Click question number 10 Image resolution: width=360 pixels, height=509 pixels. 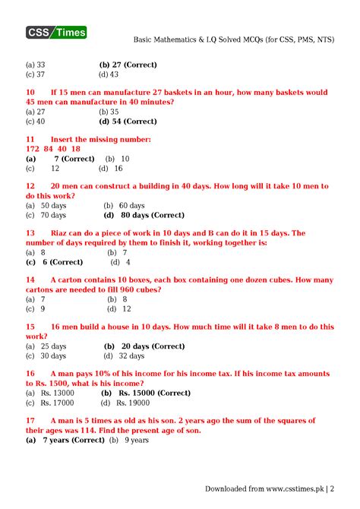(30, 92)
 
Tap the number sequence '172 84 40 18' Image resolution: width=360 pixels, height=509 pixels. (52, 149)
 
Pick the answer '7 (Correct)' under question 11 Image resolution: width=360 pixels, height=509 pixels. (73, 159)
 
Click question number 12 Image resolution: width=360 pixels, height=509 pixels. (30, 185)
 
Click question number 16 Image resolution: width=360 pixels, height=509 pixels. (30, 374)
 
